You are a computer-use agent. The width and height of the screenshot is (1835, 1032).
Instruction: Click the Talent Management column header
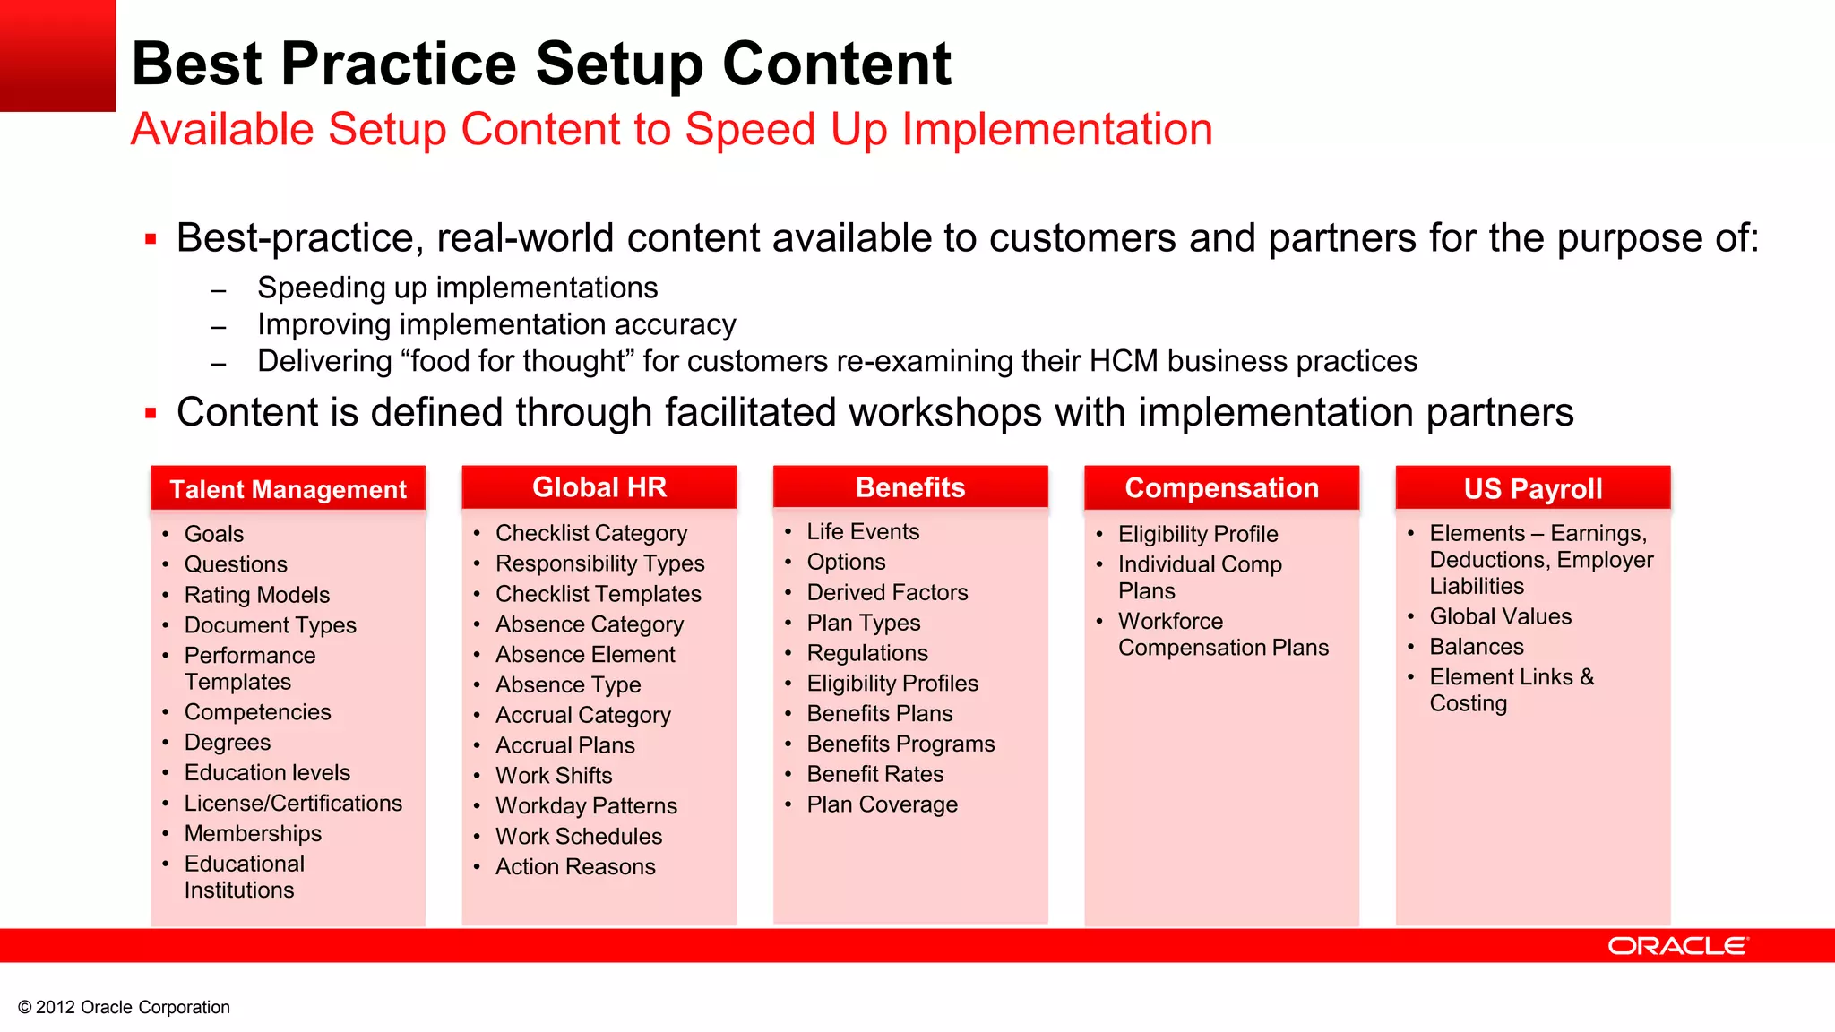point(288,489)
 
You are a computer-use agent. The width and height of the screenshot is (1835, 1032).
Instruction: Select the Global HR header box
point(599,487)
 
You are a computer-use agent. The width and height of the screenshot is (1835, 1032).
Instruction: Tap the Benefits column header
point(910,487)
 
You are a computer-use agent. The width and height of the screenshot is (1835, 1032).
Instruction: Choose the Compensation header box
point(1221,488)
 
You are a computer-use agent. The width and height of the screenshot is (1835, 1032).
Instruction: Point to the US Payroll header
point(1532,489)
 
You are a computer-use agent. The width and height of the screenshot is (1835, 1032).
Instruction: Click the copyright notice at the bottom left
point(124,1007)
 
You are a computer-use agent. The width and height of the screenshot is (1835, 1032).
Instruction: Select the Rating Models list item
point(257,595)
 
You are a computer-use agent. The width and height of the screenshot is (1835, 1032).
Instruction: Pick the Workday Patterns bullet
point(586,805)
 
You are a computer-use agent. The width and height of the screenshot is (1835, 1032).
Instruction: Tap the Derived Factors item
point(887,592)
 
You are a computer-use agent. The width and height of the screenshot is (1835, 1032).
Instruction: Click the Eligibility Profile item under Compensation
point(1198,534)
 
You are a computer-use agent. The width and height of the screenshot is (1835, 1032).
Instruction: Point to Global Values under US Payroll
point(1500,616)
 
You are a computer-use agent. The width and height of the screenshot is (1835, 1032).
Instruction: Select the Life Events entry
point(863,531)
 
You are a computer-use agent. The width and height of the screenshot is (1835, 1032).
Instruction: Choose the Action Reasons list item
point(575,866)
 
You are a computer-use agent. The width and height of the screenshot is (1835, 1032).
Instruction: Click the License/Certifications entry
point(293,803)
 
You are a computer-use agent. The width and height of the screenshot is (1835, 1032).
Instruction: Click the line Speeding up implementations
point(457,288)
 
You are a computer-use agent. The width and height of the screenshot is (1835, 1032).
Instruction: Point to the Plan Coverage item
point(882,804)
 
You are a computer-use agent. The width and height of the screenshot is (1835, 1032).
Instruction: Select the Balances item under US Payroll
point(1476,647)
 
